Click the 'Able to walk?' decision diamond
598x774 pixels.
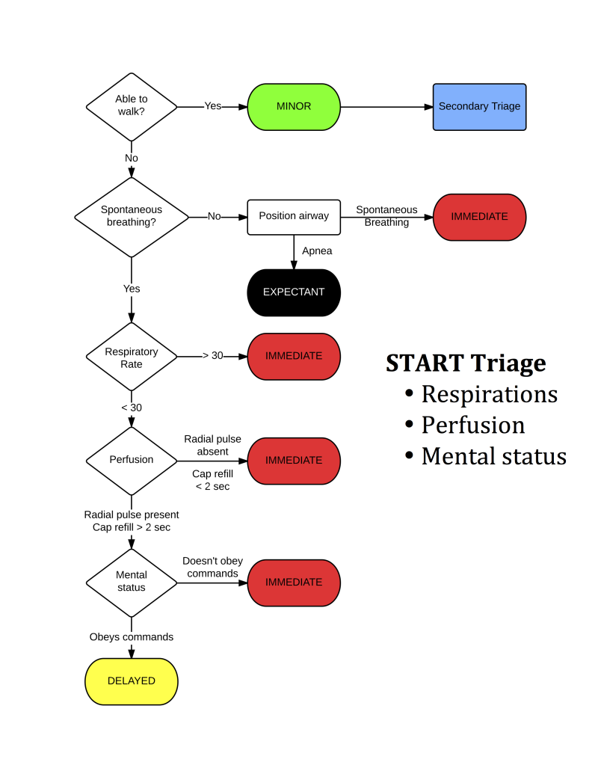click(132, 106)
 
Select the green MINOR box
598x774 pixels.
click(294, 106)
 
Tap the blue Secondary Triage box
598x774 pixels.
click(479, 106)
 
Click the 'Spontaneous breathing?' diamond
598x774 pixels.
click(132, 216)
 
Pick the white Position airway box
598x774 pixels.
click(294, 216)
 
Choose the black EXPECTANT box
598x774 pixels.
click(294, 292)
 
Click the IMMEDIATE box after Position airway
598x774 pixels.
click(479, 217)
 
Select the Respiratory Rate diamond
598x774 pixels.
click(132, 357)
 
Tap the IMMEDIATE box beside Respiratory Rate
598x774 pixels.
click(294, 356)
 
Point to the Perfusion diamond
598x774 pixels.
click(132, 460)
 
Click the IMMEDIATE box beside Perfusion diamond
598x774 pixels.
click(294, 460)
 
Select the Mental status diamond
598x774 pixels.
click(132, 581)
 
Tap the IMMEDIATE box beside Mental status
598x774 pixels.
click(294, 582)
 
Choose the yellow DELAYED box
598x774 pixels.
click(132, 681)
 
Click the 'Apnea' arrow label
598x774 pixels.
click(317, 251)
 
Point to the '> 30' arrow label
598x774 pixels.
click(212, 356)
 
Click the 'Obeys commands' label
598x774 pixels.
click(132, 637)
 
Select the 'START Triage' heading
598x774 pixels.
click(466, 363)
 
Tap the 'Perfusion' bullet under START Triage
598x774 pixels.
click(472, 425)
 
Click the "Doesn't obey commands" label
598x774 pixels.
click(212, 568)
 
